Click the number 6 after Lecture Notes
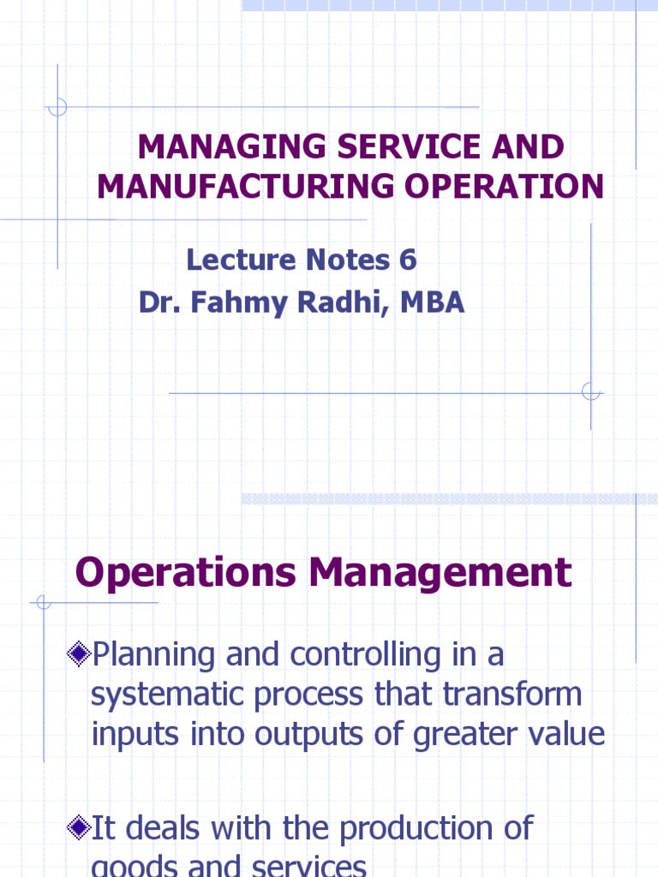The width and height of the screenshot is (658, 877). click(x=407, y=259)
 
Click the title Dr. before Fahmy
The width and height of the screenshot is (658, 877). click(x=159, y=302)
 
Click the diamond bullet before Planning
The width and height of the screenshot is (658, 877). click(x=79, y=655)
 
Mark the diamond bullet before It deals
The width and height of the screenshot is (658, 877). click(x=79, y=828)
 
